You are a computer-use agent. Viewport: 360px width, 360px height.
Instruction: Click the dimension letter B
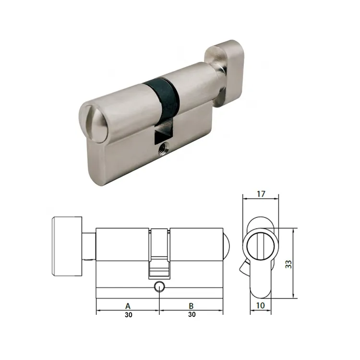(x=191, y=305)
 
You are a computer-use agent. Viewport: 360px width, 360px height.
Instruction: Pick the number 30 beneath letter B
(x=191, y=315)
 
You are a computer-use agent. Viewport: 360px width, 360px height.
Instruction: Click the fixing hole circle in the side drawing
(x=159, y=287)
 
